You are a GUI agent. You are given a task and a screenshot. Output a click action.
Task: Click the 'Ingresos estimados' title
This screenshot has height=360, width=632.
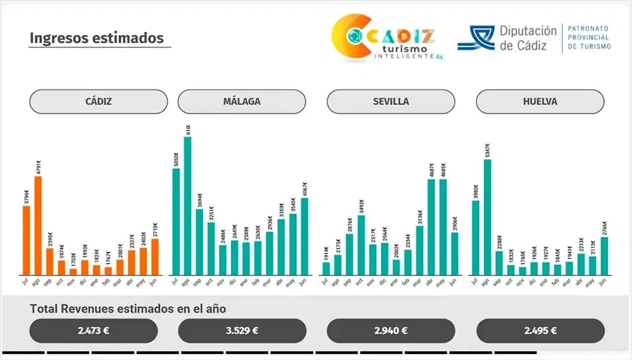click(96, 38)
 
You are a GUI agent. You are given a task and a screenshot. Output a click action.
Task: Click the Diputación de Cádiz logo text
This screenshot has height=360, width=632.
click(528, 38)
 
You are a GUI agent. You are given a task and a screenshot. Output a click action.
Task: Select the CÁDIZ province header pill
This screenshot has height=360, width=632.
click(98, 102)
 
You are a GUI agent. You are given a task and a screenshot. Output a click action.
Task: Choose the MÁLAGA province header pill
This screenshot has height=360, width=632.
click(242, 102)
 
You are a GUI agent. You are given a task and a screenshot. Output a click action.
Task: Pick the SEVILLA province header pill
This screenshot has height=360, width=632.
click(391, 102)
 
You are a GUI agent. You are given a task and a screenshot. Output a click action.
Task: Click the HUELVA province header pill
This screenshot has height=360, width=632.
click(540, 102)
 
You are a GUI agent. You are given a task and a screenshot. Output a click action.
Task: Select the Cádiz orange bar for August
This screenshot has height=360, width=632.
click(38, 226)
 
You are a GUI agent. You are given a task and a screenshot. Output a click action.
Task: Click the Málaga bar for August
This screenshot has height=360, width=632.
click(187, 206)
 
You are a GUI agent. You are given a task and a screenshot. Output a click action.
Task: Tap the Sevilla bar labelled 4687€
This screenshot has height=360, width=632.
click(431, 227)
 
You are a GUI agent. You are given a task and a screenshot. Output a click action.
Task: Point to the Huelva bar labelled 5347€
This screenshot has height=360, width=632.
click(487, 217)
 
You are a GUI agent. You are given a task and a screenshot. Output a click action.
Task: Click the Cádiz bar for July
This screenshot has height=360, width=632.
click(27, 240)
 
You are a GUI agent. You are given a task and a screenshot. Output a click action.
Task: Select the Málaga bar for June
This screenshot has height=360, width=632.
click(305, 236)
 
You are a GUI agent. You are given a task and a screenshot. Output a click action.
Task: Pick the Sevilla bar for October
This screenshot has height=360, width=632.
click(360, 245)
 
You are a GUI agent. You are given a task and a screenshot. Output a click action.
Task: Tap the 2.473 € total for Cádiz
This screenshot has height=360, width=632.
click(94, 330)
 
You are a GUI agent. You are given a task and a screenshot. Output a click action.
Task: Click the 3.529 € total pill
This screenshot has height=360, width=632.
click(242, 330)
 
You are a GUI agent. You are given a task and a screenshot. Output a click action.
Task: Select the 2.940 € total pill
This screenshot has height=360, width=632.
click(391, 330)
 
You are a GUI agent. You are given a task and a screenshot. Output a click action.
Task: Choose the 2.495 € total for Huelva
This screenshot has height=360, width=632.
click(540, 330)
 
